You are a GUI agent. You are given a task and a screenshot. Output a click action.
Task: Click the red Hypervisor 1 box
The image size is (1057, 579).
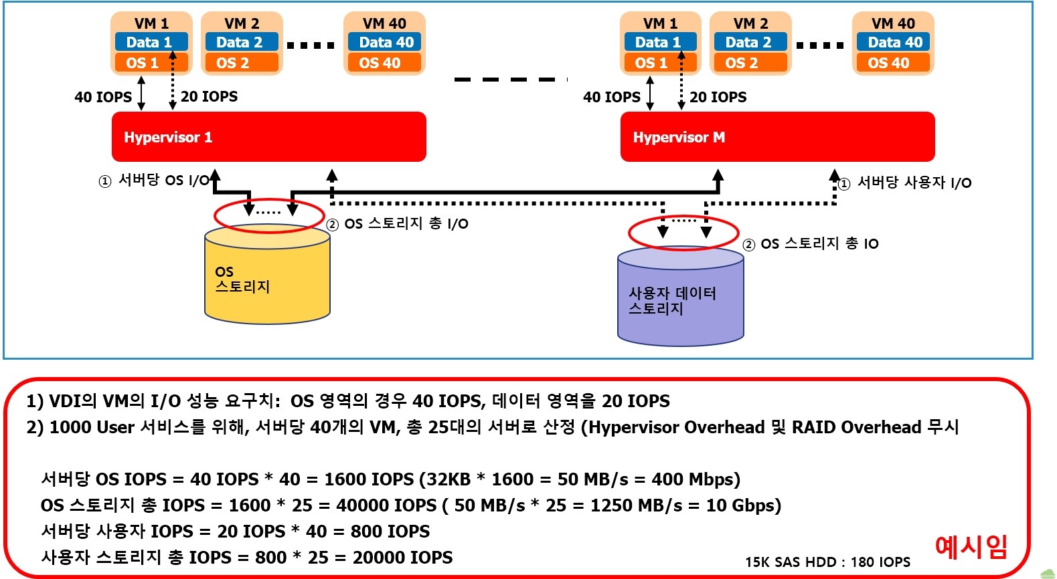[268, 137]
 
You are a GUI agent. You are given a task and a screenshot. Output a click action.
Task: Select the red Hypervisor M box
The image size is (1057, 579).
[777, 137]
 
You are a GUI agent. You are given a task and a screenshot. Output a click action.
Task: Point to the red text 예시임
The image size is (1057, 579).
[971, 546]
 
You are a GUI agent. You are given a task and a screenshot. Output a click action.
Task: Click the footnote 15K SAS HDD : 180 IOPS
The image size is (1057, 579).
[827, 562]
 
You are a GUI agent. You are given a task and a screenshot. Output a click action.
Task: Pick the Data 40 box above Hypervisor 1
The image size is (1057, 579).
[386, 42]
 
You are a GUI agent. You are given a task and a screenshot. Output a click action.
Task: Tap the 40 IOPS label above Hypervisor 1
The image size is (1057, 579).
[103, 97]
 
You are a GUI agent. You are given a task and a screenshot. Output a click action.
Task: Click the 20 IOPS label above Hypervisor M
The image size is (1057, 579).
[718, 97]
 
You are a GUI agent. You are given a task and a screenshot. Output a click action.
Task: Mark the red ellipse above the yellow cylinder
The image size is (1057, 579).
[269, 215]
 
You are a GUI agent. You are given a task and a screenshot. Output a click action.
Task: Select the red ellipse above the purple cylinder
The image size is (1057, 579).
[683, 233]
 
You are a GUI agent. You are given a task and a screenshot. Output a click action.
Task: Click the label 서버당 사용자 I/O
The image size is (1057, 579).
[914, 183]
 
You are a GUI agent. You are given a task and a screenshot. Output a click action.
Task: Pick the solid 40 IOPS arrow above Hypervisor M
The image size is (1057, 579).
[650, 93]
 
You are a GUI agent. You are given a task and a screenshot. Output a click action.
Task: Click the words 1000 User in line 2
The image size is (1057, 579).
[92, 427]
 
